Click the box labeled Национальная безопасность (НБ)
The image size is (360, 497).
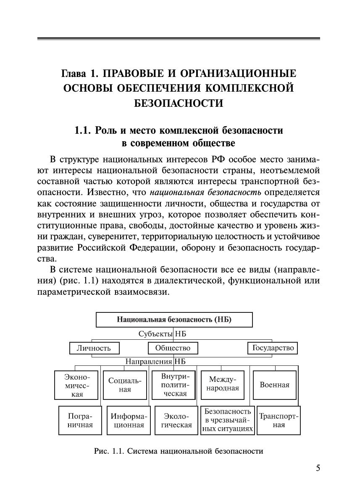(174, 320)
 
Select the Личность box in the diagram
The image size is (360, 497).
(94, 348)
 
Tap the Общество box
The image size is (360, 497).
(173, 348)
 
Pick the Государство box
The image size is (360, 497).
(273, 348)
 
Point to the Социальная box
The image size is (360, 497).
(125, 385)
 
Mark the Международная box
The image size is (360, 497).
(223, 385)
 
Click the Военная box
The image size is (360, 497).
(274, 385)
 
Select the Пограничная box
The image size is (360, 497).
(80, 420)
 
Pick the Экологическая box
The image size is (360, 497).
(176, 420)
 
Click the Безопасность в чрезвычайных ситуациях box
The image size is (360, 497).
(227, 420)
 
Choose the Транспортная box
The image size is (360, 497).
(279, 420)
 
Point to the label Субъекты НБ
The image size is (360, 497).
(162, 334)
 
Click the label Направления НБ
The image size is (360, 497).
(155, 361)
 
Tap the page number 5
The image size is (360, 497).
(318, 468)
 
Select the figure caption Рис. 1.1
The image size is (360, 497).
(179, 452)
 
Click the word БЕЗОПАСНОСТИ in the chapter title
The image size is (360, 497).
(179, 103)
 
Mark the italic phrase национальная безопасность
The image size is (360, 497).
(205, 193)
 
